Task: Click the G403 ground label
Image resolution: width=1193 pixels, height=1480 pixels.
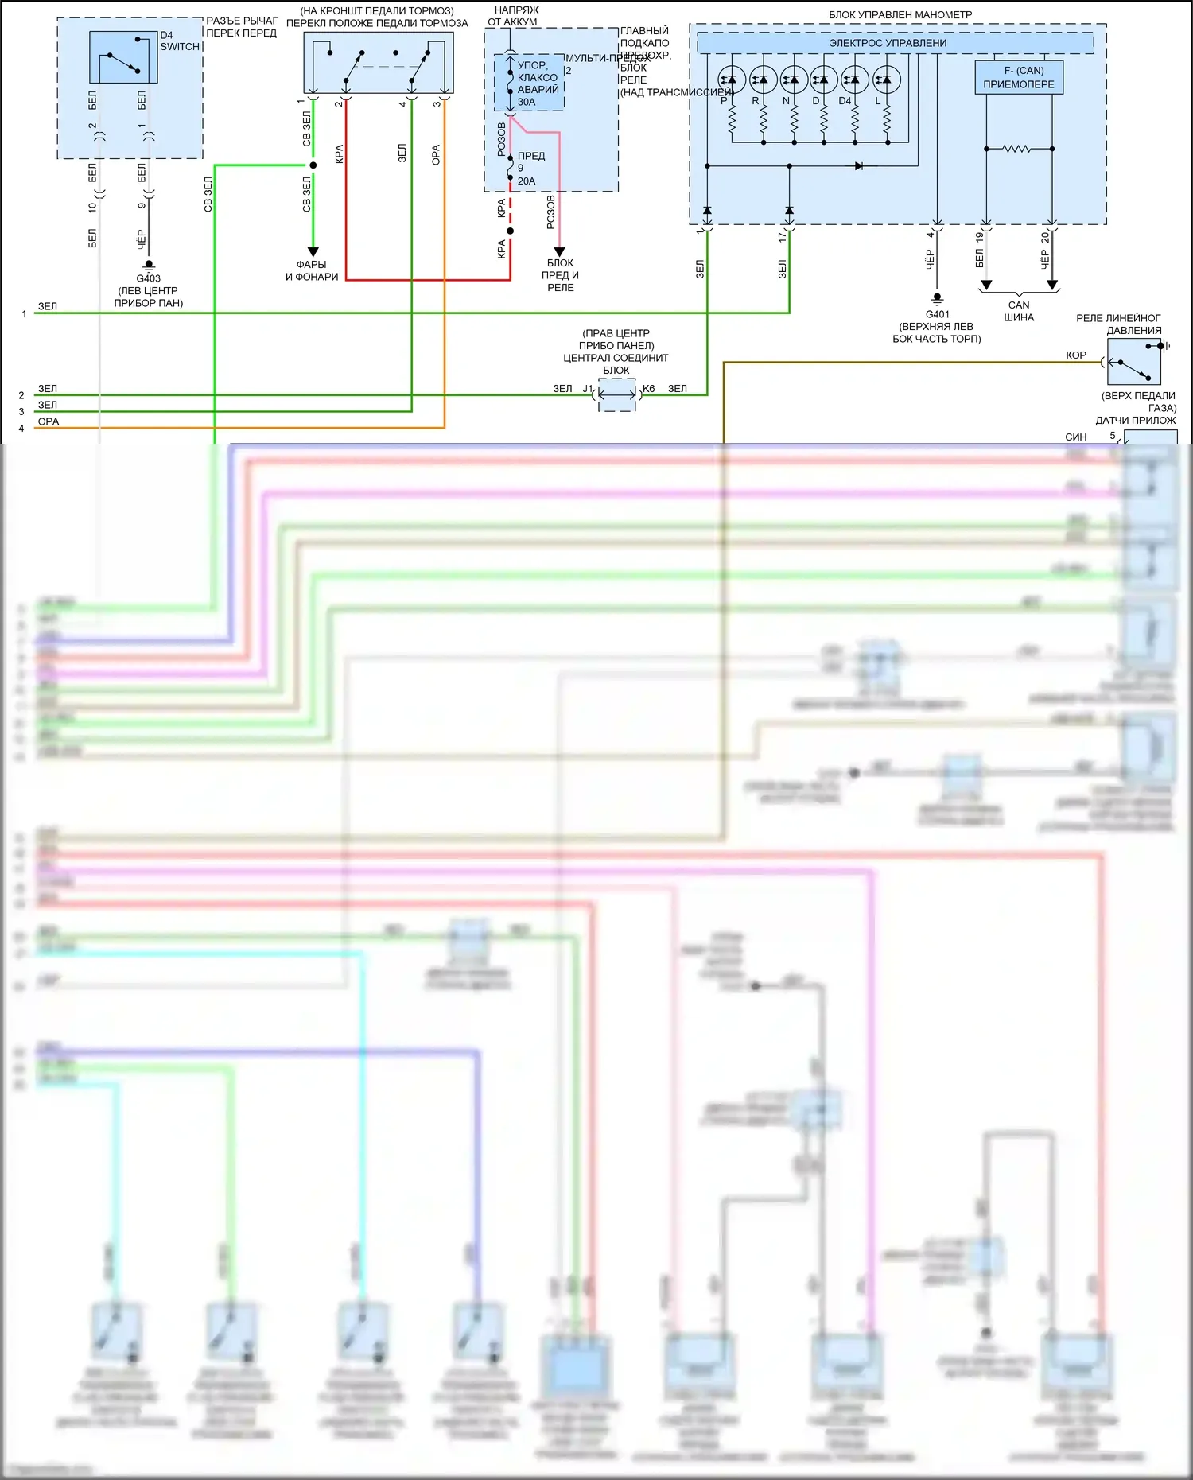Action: (149, 278)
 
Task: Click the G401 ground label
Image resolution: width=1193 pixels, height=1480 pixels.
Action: (937, 314)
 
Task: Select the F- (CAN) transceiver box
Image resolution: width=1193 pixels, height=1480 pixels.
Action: (1019, 78)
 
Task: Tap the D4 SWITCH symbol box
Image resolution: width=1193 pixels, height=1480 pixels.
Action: (123, 57)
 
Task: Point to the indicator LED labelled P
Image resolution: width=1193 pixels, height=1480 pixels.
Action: (732, 80)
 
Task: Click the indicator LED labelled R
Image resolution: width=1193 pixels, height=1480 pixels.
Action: (763, 80)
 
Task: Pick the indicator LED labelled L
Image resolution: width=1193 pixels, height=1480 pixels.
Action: (886, 80)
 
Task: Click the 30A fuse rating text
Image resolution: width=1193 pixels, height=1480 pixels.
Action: (527, 102)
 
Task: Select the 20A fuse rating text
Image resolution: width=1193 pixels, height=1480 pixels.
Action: (527, 181)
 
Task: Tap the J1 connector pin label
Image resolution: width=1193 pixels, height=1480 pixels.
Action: (588, 389)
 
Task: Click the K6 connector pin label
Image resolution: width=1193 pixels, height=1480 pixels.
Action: (648, 389)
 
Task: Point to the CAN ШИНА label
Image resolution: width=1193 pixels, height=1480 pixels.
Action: (1019, 311)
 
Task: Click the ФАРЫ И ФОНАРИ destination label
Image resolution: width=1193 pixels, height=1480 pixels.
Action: (312, 270)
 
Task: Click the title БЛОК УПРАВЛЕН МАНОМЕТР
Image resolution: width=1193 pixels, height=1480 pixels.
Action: (900, 14)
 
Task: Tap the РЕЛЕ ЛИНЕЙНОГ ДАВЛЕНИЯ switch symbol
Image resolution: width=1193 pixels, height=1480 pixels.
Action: (1134, 362)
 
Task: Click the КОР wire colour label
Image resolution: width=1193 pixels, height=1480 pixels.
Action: (1076, 355)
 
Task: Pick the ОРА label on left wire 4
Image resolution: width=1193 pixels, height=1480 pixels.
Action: (49, 421)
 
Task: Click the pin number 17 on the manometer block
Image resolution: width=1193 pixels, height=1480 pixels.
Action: (783, 236)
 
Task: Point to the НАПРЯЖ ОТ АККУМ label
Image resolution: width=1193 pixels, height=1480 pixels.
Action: (515, 16)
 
